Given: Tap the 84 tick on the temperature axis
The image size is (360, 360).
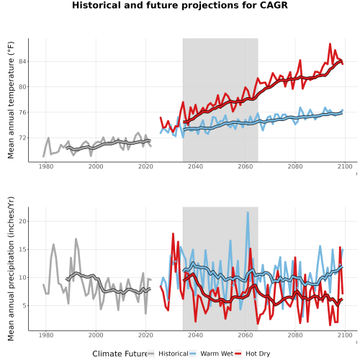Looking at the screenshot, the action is (22, 62).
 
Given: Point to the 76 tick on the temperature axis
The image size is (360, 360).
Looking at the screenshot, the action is (22, 112).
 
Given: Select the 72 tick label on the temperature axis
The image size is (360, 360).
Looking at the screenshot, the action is (22, 138).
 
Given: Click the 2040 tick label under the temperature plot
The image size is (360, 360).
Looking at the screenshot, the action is (195, 166).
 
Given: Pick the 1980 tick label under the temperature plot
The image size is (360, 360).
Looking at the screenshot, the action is (46, 166).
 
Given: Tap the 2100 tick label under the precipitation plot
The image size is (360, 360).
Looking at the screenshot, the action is (345, 335).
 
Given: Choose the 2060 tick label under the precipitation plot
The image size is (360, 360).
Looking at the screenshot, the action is (246, 335).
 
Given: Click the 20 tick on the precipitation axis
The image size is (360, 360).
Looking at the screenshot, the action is (22, 221).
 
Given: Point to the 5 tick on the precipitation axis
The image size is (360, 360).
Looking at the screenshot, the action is (24, 306).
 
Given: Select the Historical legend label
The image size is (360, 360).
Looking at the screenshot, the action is (174, 354).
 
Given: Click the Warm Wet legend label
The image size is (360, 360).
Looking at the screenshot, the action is (217, 354).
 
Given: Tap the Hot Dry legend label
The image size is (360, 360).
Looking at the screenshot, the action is (258, 354).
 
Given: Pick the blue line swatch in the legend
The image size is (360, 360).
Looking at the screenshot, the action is (193, 354).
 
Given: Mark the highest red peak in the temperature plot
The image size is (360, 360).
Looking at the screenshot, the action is (330, 44).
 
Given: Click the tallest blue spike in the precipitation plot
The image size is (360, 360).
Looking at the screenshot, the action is (248, 212).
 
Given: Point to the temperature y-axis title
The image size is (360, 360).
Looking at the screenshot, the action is (11, 100).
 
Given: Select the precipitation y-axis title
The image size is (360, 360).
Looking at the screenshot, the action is (11, 269).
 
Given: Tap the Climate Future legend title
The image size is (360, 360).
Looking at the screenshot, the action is (120, 354).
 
